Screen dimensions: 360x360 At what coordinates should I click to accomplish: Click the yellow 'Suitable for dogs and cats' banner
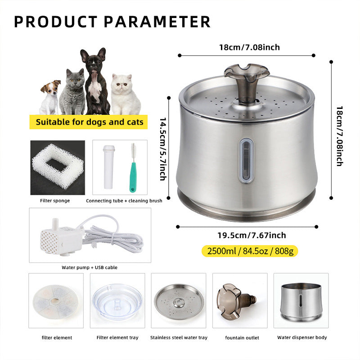90,121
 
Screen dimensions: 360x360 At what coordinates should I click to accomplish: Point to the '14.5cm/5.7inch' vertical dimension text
163,148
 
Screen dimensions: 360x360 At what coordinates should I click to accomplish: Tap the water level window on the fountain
246,161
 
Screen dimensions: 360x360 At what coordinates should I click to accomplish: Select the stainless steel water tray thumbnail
179,300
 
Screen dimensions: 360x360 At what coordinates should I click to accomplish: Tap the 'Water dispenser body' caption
301,337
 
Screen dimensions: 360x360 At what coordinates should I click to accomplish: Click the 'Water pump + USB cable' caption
90,267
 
